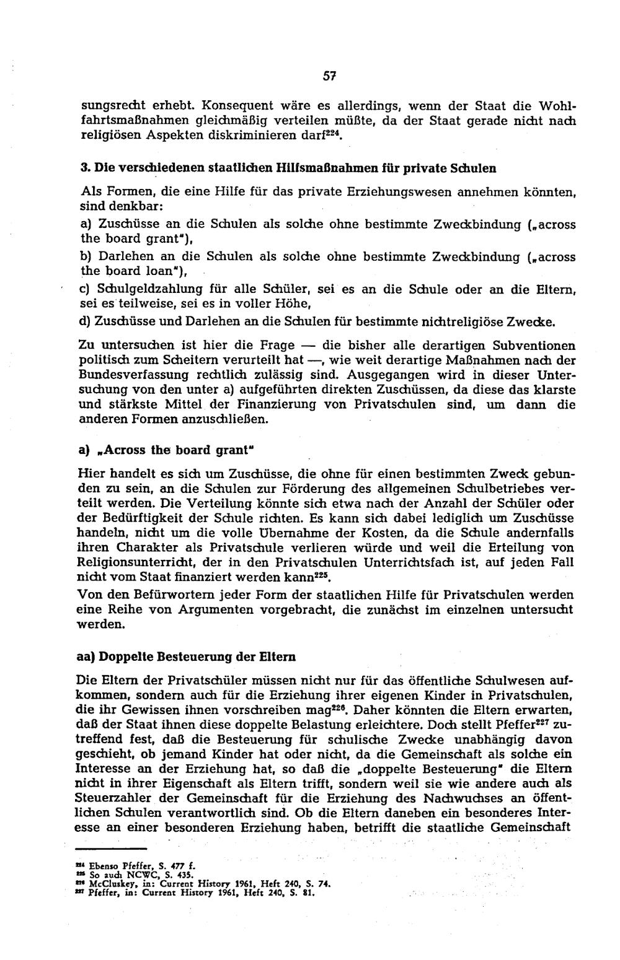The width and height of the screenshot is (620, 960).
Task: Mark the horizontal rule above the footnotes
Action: click(111, 848)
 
